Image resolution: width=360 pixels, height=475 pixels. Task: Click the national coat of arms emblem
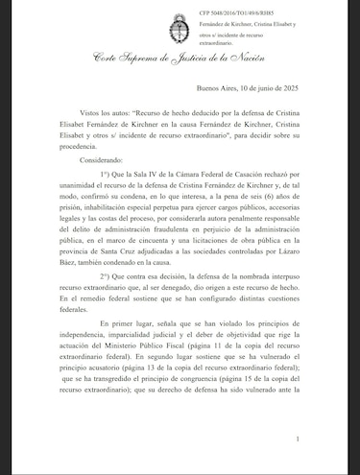click(x=178, y=23)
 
